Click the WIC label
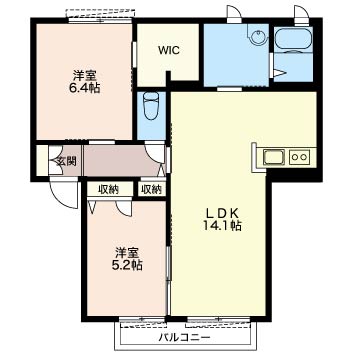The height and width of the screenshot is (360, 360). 169,51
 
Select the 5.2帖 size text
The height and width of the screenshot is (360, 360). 129,265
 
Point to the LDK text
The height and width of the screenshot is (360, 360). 222,212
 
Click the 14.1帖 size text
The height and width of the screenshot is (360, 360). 222,226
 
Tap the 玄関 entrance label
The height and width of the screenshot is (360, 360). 66,161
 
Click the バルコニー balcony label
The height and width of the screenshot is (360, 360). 184,338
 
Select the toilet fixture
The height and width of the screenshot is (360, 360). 151,105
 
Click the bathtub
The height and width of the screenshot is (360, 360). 293,40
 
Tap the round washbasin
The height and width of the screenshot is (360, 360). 258,37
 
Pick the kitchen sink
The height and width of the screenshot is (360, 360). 274,157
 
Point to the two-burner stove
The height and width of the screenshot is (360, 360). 299,157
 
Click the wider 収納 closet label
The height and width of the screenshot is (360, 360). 108,190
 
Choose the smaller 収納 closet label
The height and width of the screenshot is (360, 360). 151,190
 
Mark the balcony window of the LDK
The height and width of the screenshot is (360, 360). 218,320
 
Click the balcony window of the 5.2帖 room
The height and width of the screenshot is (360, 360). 142,320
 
